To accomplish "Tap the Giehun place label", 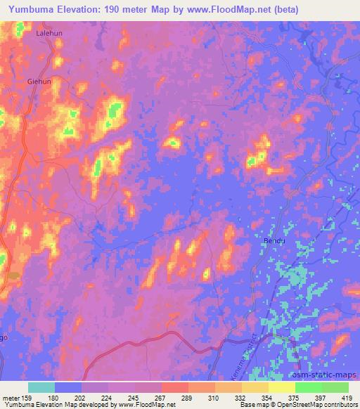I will coord(40,82).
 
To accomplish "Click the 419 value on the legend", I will coord(348,398).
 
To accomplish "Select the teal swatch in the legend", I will coord(41,387).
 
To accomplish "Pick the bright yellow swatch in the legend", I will coord(281,387).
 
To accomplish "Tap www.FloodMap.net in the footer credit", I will coord(136,405).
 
